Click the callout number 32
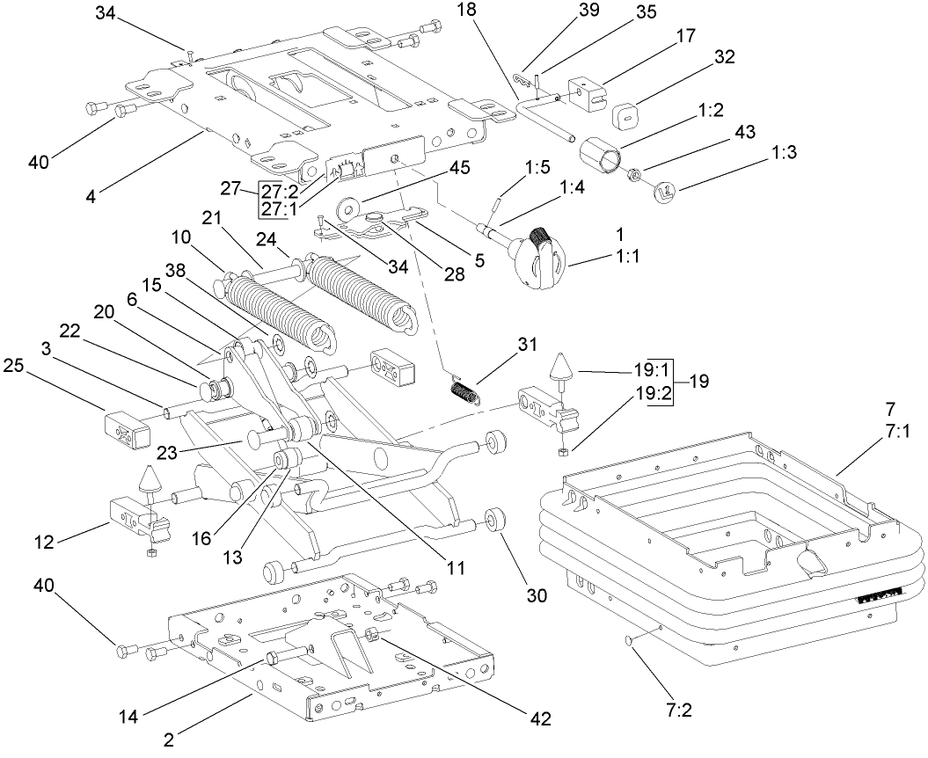725,57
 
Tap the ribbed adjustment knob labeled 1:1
538,258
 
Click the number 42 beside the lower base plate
539,719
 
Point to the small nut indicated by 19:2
563,452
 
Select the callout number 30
537,595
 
